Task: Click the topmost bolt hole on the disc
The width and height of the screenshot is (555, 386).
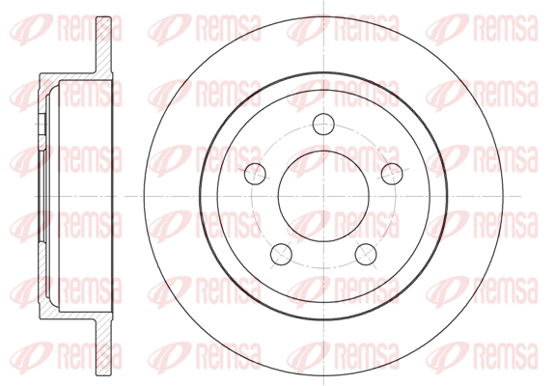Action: click(x=323, y=124)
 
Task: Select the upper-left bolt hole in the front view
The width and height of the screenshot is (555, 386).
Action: click(x=255, y=174)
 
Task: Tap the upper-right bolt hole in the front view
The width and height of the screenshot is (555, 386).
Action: click(x=392, y=174)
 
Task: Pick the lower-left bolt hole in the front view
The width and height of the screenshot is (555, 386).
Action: click(x=281, y=254)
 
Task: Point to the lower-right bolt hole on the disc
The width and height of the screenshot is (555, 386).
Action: click(x=366, y=254)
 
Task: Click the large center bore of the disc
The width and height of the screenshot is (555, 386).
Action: click(x=323, y=196)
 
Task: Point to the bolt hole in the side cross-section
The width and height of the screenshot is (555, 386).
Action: click(x=42, y=124)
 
